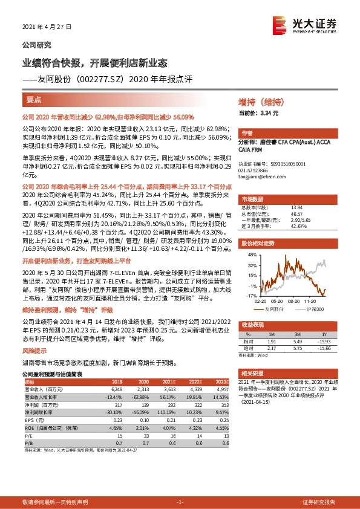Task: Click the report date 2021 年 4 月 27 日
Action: click(x=47, y=27)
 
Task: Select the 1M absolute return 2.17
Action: click(x=271, y=348)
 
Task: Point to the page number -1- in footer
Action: click(x=180, y=502)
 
